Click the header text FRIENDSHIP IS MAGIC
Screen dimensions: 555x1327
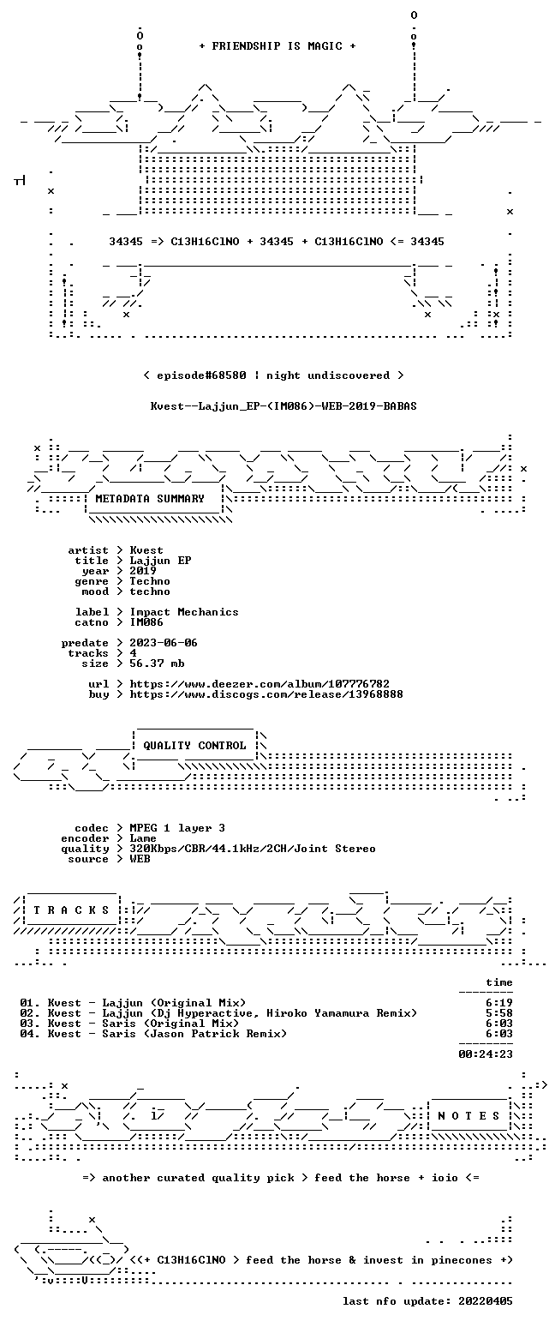pos(277,46)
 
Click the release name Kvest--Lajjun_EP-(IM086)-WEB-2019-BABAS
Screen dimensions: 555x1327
pos(283,406)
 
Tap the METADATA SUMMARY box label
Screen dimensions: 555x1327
pos(150,499)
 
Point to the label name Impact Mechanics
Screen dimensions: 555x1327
pos(184,613)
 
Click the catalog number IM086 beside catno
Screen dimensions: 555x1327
pos(146,622)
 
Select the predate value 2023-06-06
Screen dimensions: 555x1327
pos(164,643)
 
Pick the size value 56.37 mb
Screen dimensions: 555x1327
pos(157,663)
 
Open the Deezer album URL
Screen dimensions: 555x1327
pos(260,684)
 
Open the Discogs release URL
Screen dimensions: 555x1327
pos(266,694)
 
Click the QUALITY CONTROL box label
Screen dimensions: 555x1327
pos(194,746)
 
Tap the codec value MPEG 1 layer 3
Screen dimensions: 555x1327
pos(177,828)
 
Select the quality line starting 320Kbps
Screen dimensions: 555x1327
pos(253,849)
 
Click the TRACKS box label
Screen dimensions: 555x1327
pos(72,910)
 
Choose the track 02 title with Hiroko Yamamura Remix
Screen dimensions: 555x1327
pos(260,1013)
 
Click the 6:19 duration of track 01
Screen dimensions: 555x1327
pos(498,1003)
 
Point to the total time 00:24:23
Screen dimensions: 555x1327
pos(485,1054)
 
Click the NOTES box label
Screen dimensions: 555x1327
pos(468,1116)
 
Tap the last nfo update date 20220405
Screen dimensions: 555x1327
pos(485,1301)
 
